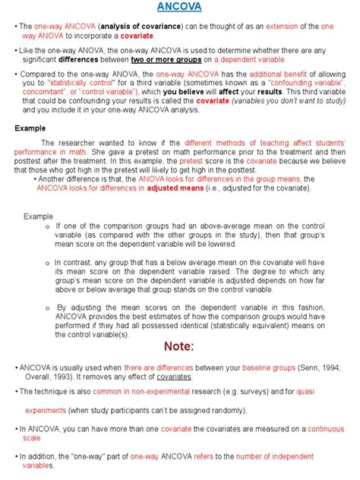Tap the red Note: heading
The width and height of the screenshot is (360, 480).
(179, 346)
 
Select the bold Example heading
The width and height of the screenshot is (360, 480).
(31, 129)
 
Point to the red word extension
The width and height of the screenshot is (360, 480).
(288, 27)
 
